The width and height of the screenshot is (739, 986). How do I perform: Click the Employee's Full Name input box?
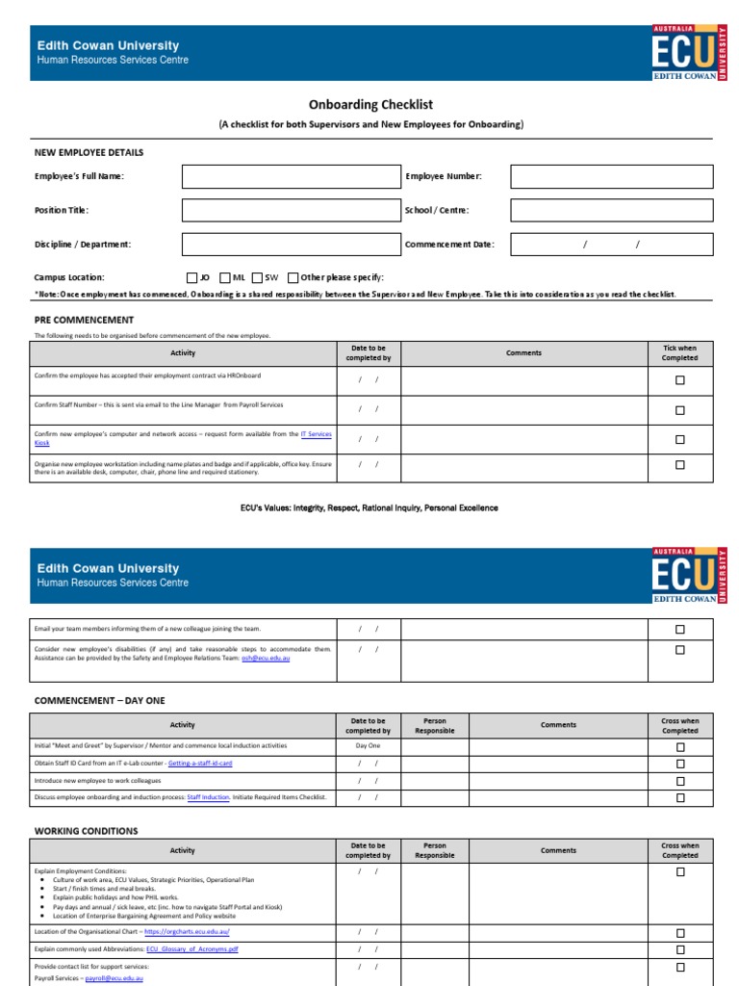pyautogui.click(x=290, y=176)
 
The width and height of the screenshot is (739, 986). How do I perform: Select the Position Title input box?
pyautogui.click(x=290, y=210)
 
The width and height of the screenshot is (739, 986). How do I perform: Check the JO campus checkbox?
pyautogui.click(x=191, y=277)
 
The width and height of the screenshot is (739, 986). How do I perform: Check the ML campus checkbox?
pyautogui.click(x=224, y=277)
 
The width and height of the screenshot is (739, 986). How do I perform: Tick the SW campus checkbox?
pyautogui.click(x=257, y=277)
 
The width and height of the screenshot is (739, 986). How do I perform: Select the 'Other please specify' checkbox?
pyautogui.click(x=293, y=277)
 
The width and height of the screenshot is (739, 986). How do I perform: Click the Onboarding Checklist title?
pyautogui.click(x=370, y=105)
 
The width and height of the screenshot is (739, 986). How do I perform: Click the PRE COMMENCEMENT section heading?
pyautogui.click(x=84, y=320)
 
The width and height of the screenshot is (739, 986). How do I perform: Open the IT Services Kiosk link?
pyautogui.click(x=316, y=434)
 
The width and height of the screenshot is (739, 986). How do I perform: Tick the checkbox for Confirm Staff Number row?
pyautogui.click(x=679, y=410)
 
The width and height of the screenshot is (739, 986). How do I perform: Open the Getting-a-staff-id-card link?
pyautogui.click(x=200, y=763)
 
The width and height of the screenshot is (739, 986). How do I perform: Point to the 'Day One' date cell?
pyautogui.click(x=368, y=746)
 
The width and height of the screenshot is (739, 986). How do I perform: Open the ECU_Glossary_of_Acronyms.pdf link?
pyautogui.click(x=191, y=948)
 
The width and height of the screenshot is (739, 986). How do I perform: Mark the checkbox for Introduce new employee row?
pyautogui.click(x=679, y=781)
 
